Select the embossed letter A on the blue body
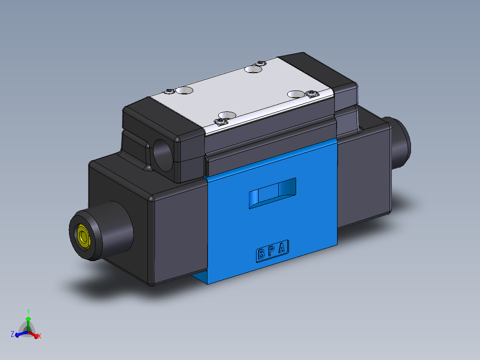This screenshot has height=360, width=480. pos(282,248)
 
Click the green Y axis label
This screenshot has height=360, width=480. pos(28,311)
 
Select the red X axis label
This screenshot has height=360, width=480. pos(40,336)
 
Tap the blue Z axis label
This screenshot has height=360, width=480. pos(12,334)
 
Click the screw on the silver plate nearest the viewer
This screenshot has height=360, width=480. pos(220,122)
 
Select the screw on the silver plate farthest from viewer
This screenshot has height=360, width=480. pos(261,63)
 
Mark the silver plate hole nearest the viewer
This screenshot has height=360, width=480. pos(227,115)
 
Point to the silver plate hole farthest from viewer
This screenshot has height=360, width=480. pos(253,69)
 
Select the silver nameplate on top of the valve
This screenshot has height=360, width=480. pos(245,94)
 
